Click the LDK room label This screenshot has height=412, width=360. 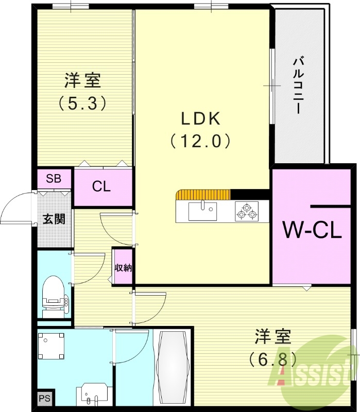pyautogui.click(x=201, y=118)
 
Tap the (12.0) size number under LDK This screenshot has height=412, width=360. pyautogui.click(x=201, y=141)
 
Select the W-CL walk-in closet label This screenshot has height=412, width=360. pyautogui.click(x=313, y=230)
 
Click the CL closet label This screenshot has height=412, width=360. pyautogui.click(x=101, y=186)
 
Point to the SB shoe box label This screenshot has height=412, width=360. pyautogui.click(x=54, y=179)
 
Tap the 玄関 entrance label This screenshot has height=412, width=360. pyautogui.click(x=54, y=219)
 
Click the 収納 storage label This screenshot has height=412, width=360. pyautogui.click(x=123, y=267)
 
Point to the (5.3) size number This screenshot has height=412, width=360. pyautogui.click(x=82, y=103)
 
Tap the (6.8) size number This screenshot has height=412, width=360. pyautogui.click(x=272, y=357)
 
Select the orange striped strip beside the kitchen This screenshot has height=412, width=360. pyautogui.click(x=202, y=195)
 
